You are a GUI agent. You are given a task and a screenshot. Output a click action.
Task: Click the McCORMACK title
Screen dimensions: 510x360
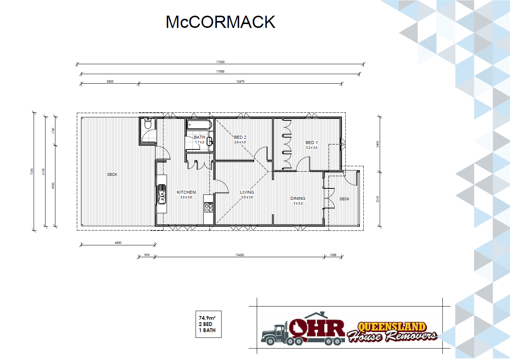click(x=220, y=22)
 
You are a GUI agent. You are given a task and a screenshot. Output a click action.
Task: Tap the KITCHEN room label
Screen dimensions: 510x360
click(x=186, y=192)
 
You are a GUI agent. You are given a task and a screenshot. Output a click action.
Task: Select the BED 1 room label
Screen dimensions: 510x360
click(x=311, y=143)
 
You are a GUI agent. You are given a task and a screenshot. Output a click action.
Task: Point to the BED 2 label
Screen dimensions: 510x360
click(x=240, y=137)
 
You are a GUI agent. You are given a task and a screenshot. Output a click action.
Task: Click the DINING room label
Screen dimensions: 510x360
click(x=298, y=198)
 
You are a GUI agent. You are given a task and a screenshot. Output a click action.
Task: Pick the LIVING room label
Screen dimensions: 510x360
click(x=247, y=192)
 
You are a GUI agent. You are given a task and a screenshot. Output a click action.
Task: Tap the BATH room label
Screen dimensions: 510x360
click(x=199, y=137)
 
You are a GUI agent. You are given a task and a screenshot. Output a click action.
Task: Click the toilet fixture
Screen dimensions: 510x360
click(x=148, y=123)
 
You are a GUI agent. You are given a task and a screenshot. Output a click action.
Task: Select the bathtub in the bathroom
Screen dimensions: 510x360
click(x=199, y=125)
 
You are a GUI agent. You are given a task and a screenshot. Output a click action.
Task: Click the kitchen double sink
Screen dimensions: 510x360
click(x=162, y=194)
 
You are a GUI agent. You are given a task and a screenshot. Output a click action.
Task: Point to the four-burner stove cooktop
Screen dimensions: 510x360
click(x=209, y=207)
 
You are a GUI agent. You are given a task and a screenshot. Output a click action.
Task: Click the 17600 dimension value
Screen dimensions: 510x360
click(x=220, y=62)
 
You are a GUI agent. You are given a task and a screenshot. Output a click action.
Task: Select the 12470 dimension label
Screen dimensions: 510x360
click(x=240, y=81)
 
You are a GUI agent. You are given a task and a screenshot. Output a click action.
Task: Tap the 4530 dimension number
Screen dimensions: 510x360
click(x=118, y=243)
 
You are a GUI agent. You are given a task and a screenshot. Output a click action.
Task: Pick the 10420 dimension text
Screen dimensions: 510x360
click(x=240, y=255)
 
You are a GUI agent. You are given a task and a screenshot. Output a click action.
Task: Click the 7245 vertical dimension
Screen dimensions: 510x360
click(x=32, y=172)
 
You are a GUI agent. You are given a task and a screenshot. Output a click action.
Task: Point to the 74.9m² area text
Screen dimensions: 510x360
click(x=207, y=318)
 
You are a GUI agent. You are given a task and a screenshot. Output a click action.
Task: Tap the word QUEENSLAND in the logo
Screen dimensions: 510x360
click(x=391, y=327)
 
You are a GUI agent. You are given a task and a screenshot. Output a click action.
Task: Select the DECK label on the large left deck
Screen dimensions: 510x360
click(x=112, y=175)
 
